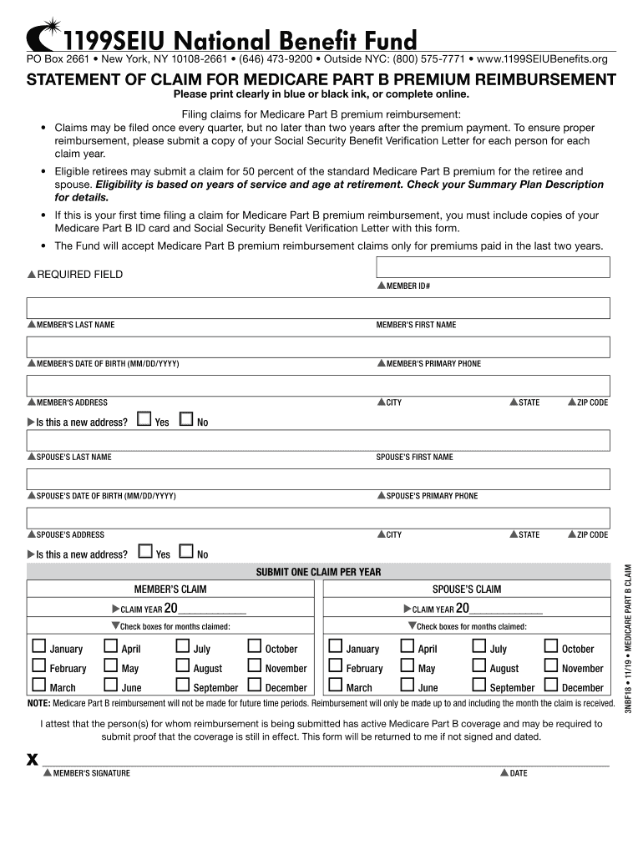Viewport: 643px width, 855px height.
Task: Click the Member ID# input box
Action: coord(493,267)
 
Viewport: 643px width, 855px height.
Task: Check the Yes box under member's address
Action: coord(144,419)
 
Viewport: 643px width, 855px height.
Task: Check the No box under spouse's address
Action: coord(185,552)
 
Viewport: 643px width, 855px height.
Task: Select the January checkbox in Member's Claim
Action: coord(38,646)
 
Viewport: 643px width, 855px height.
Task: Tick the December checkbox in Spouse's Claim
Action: coord(551,686)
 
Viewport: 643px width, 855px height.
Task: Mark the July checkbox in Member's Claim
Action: coord(183,646)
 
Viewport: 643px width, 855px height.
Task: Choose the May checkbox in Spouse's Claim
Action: coord(408,666)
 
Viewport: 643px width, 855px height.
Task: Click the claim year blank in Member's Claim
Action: coord(212,609)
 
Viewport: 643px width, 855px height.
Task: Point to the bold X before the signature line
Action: coord(33,759)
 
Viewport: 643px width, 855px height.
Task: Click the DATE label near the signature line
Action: coord(518,773)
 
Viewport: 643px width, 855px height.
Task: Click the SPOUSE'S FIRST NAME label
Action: coord(414,458)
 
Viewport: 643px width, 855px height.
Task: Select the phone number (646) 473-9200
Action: coord(276,59)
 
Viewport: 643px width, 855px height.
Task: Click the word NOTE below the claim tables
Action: coord(38,703)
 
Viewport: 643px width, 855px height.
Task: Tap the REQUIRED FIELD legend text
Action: coord(79,275)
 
